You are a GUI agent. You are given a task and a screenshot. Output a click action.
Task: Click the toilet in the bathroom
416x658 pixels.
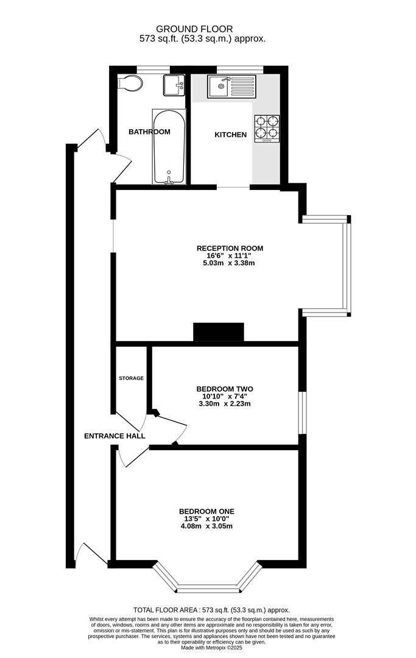[129, 83]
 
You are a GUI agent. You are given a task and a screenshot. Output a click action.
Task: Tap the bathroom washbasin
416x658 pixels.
[174, 85]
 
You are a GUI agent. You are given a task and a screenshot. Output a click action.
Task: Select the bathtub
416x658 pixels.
[169, 147]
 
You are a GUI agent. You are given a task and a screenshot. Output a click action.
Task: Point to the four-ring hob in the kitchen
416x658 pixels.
[267, 129]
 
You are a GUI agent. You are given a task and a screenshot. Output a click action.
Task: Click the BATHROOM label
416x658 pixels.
[149, 132]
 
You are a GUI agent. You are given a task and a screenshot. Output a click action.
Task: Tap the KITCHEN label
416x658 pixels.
[231, 135]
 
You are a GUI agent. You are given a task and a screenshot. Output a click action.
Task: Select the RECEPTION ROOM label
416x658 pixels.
[230, 248]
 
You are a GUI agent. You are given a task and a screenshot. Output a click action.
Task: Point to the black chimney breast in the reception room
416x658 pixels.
[219, 333]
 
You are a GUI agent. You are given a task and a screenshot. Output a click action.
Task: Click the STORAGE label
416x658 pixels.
[132, 378]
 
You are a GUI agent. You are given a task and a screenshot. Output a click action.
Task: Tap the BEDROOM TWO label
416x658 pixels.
[225, 389]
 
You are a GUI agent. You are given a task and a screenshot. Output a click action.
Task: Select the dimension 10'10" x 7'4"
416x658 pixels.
[225, 397]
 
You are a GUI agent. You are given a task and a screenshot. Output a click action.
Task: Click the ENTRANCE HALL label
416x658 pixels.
[115, 436]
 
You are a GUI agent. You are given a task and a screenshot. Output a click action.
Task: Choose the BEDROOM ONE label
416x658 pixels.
[206, 512]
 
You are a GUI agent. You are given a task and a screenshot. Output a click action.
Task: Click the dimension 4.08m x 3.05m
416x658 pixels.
[206, 526]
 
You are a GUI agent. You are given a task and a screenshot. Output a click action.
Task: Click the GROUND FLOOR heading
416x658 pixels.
[194, 29]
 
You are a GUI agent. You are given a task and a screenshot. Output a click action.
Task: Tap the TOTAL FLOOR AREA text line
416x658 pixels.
[211, 610]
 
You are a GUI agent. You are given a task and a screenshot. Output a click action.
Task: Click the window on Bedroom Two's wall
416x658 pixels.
[302, 412]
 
